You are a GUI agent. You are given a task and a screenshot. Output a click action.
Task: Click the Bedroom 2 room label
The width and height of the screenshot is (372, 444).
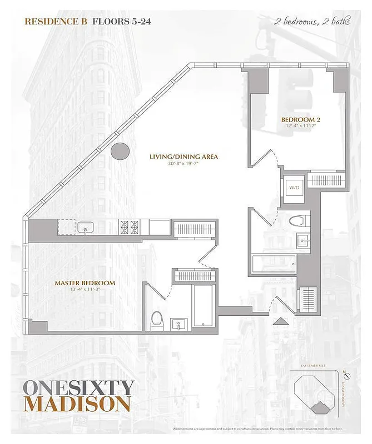pos(300,119)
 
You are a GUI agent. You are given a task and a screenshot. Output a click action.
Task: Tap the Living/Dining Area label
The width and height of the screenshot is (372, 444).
pos(183,157)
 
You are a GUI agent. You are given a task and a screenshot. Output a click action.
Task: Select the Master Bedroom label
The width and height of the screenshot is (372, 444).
pos(85,283)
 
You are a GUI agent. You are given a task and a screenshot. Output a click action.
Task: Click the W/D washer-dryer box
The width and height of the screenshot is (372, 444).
pos(292,188)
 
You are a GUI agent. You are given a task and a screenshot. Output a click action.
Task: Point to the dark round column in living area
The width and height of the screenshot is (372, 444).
pos(120,150)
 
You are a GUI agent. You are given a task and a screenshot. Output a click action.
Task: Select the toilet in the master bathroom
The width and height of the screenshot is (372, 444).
pos(156,319)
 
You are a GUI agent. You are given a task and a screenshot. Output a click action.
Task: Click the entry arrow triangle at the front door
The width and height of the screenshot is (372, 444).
pos(280,321)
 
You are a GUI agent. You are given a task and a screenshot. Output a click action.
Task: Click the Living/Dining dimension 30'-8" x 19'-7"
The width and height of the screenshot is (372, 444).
pos(183,164)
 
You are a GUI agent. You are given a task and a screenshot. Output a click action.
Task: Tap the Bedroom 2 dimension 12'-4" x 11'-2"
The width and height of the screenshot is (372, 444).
pos(300,127)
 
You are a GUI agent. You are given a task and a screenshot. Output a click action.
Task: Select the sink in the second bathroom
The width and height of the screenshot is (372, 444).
pos(302,240)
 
